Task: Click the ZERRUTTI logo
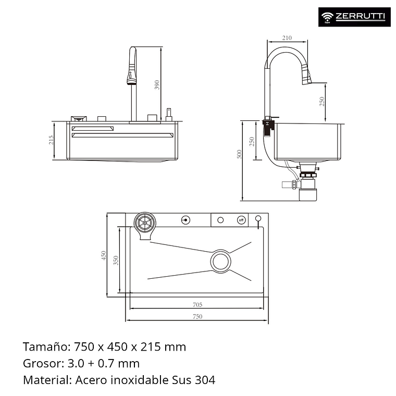click(353, 17)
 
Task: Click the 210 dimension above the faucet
click(287, 38)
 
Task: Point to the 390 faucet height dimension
click(157, 84)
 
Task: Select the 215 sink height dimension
click(52, 141)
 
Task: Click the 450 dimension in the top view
click(104, 255)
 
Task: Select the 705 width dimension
click(197, 305)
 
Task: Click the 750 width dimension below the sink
click(197, 316)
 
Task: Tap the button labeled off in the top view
click(241, 220)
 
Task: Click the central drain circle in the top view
click(220, 261)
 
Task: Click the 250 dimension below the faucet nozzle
click(322, 102)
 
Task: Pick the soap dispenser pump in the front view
click(169, 115)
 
